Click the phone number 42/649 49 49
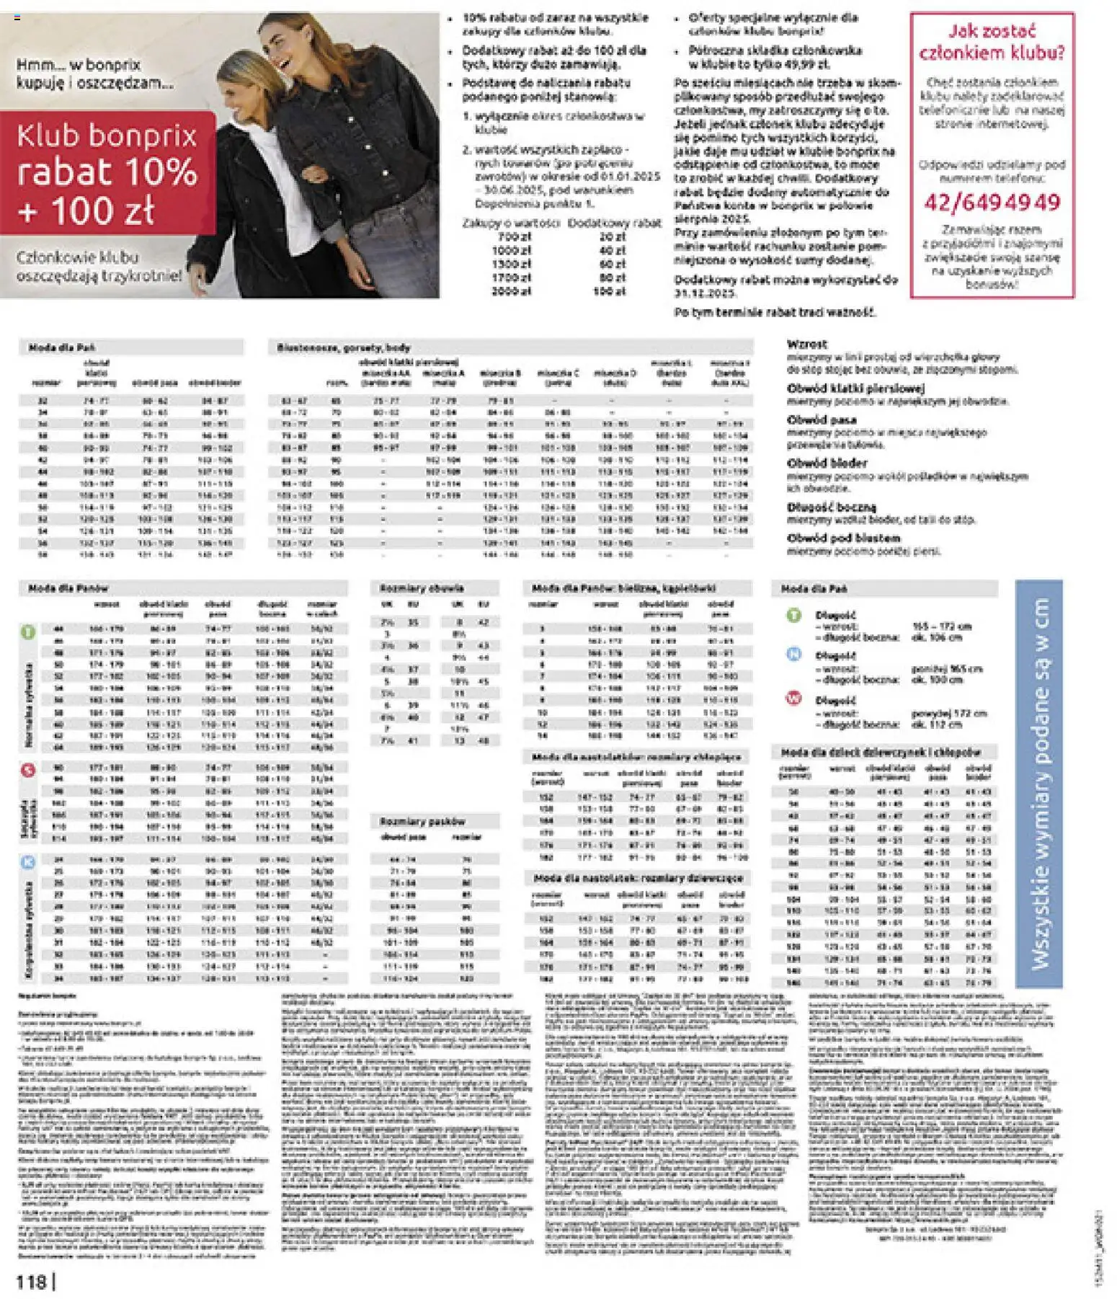992,203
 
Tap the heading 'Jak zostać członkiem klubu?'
992,42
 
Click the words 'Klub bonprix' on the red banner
107,136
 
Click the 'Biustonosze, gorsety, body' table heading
343,347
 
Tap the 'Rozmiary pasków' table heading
422,821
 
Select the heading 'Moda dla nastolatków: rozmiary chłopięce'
636,757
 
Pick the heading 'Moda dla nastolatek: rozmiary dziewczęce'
638,878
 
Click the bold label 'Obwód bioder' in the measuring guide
827,464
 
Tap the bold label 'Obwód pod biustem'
843,538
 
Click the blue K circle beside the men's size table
27,862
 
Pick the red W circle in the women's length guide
793,699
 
